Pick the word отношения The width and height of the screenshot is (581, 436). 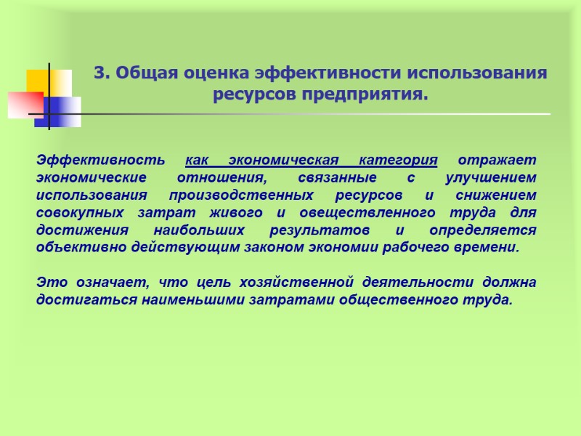tap(221, 177)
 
